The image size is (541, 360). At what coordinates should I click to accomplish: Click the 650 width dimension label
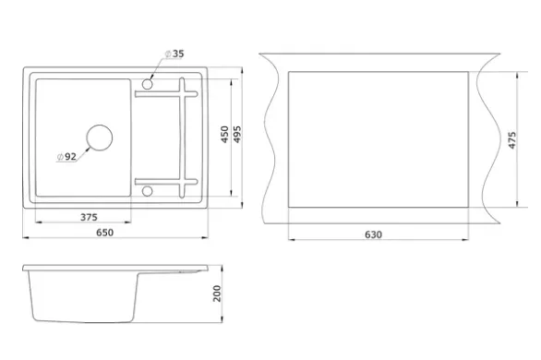(x=104, y=233)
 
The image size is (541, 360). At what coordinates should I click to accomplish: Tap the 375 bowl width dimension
(x=89, y=217)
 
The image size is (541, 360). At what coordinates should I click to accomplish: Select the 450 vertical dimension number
(x=224, y=135)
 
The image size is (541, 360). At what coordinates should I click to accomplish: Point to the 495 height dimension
(x=237, y=135)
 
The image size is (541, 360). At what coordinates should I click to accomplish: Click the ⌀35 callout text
(x=174, y=54)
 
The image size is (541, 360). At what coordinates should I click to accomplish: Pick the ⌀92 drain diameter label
(x=66, y=157)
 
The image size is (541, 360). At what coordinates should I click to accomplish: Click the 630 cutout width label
(x=373, y=234)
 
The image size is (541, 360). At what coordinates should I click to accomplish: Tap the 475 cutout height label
(x=512, y=140)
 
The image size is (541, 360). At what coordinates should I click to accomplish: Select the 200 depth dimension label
(x=217, y=294)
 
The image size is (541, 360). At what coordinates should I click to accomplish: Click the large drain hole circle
(x=100, y=125)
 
